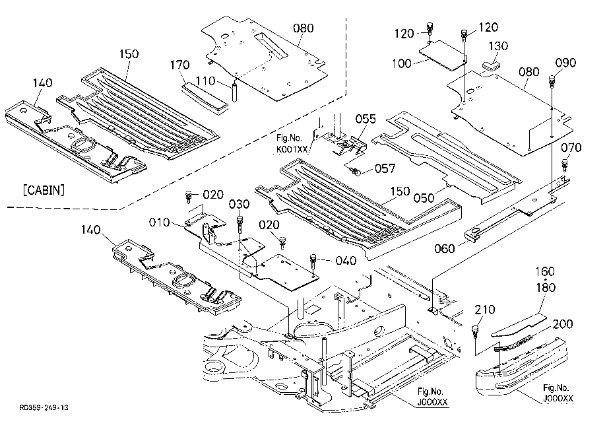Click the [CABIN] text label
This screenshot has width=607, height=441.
[44, 190]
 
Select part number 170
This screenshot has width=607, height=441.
[180, 65]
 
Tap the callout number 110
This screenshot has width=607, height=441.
[206, 81]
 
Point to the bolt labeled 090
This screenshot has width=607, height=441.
[552, 81]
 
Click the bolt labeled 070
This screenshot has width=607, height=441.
[565, 165]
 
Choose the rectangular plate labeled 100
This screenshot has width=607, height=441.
[443, 55]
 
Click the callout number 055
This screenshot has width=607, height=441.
[366, 119]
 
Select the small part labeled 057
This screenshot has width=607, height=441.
[353, 169]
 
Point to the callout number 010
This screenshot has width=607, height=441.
[160, 222]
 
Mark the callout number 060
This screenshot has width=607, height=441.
[445, 248]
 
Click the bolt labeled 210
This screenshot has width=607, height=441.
[474, 331]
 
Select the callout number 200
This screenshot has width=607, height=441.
[563, 324]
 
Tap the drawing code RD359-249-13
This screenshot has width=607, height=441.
[44, 408]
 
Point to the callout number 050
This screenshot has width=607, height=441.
[424, 198]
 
